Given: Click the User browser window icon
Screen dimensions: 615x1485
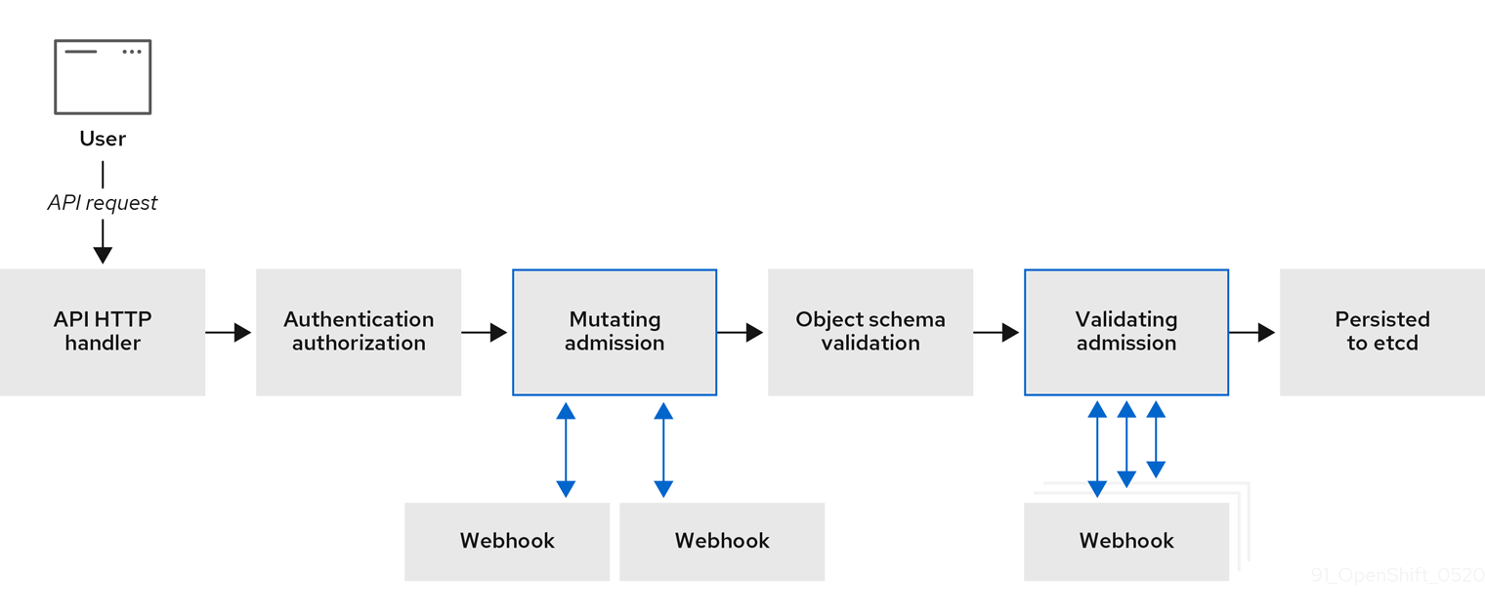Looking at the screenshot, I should point(103,77).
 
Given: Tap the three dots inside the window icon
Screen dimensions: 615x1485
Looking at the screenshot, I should point(132,52).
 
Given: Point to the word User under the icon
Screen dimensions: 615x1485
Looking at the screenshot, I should point(103,139).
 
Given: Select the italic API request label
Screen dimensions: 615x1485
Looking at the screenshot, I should point(103,203).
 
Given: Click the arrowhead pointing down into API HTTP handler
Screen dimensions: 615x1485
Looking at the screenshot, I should point(103,254).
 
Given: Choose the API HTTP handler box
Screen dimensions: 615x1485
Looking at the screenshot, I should point(103,332).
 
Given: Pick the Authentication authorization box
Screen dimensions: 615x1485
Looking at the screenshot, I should point(359,332).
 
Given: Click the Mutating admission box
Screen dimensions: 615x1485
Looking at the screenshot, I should point(615,332).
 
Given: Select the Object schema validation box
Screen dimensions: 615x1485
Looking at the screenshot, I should point(870,332).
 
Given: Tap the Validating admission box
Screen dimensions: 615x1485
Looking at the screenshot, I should point(1126,332).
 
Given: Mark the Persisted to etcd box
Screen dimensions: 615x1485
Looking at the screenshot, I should point(1382,332).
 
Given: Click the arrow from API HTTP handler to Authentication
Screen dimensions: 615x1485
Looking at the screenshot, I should point(230,333).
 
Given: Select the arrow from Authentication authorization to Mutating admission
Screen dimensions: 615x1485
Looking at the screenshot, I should point(486,333).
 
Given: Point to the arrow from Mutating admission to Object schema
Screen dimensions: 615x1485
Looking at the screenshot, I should point(742,333).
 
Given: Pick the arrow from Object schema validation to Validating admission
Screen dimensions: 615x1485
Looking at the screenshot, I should point(997,333).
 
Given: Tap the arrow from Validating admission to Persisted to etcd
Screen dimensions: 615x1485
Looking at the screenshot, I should point(1253,333).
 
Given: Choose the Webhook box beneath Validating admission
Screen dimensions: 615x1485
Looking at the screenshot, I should point(1126,541).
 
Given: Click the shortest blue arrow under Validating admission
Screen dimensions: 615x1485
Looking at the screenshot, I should point(1156,439).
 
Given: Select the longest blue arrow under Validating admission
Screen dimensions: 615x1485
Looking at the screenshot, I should point(1097,449).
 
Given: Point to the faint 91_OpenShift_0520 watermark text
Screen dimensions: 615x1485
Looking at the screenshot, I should point(1397,575).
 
